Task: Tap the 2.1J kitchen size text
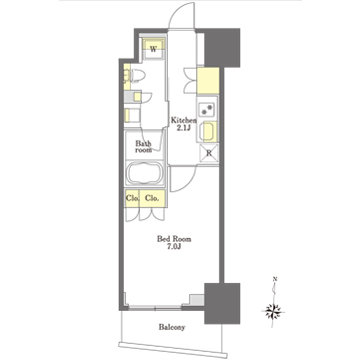182,127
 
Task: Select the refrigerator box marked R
209,152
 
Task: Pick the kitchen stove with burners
210,111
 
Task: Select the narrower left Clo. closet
131,198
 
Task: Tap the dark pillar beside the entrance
224,45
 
